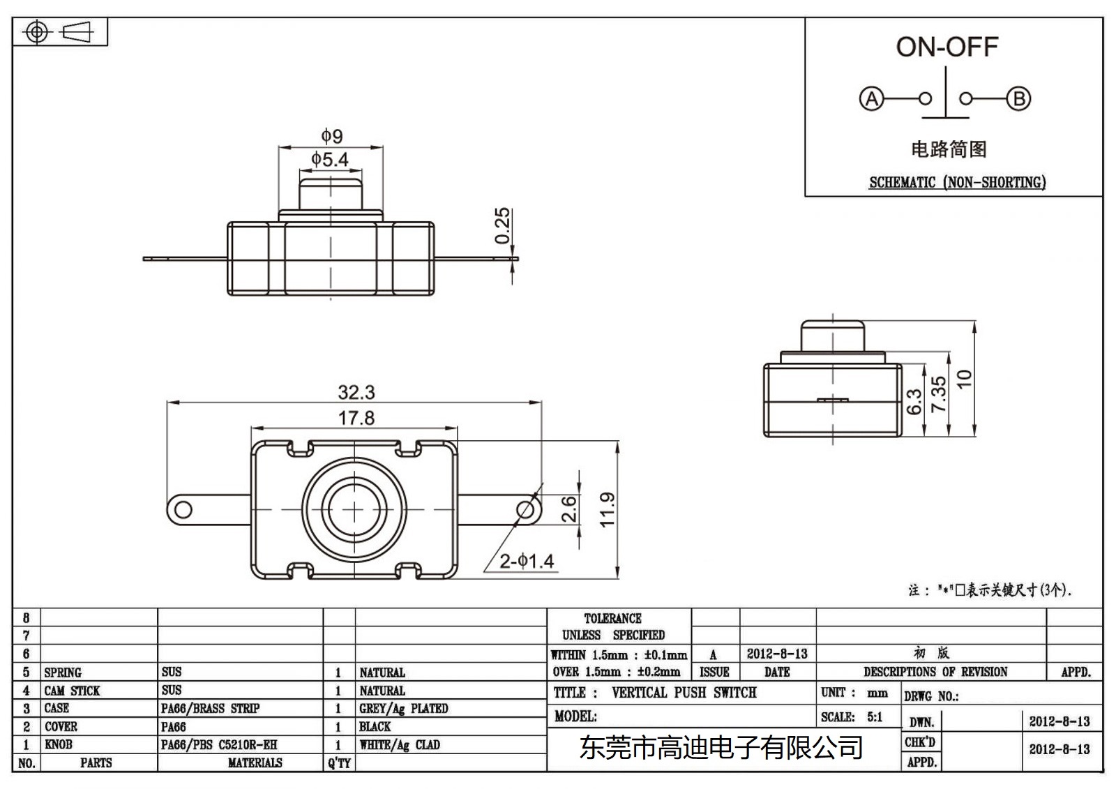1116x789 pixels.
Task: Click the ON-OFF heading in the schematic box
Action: click(947, 47)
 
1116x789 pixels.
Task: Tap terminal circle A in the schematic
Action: click(871, 98)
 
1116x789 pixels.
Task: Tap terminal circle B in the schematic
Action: click(1018, 98)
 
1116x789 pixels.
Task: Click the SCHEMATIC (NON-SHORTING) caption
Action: click(957, 182)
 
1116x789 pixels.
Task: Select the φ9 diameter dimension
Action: click(331, 135)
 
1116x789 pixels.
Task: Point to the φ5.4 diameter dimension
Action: click(330, 160)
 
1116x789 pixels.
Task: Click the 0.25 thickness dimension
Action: click(502, 226)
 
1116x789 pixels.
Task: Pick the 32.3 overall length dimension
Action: click(356, 392)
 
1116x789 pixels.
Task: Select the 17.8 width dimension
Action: click(356, 418)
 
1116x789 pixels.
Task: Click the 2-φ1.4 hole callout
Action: click(527, 560)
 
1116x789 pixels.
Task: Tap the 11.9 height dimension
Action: click(607, 509)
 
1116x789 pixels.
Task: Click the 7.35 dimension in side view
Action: click(939, 394)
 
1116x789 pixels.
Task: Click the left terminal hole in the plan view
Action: click(183, 509)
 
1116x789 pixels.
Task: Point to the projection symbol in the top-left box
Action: click(60, 32)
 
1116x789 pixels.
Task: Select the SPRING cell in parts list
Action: click(63, 672)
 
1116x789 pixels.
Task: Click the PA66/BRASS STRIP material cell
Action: click(210, 708)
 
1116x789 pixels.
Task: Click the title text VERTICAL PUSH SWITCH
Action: click(684, 693)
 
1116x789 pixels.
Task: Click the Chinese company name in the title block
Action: click(722, 748)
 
